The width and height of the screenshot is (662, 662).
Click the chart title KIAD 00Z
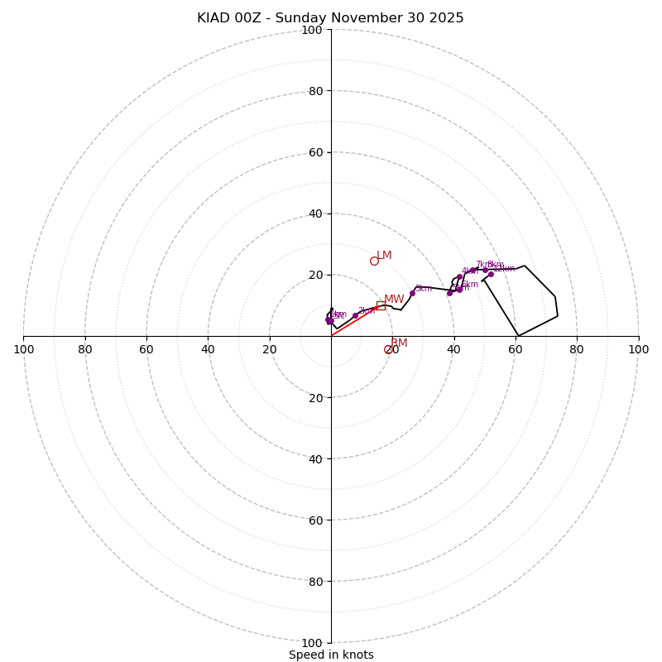[x=330, y=18]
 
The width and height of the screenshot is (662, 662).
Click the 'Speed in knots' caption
[x=331, y=655]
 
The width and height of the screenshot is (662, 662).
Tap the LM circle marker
[x=374, y=261]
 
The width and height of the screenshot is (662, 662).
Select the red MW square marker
[x=381, y=305]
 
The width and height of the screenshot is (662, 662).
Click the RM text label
[x=399, y=343]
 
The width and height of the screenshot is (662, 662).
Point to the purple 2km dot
[x=355, y=315]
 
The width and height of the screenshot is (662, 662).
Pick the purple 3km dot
[x=412, y=293]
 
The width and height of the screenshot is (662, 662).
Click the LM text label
[x=384, y=256]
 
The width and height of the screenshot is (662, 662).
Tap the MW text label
[x=394, y=300]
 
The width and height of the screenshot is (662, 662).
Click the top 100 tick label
[x=311, y=30]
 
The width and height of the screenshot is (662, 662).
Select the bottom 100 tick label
[x=311, y=643]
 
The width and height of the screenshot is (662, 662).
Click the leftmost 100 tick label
[x=23, y=349]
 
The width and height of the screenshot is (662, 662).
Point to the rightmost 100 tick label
[x=638, y=349]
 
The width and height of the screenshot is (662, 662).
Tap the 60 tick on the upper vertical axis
[x=314, y=152]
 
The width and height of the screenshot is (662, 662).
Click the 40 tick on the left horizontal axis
[x=208, y=349]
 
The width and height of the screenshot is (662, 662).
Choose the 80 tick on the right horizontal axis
[x=577, y=349]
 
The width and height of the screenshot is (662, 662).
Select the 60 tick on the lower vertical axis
[x=314, y=520]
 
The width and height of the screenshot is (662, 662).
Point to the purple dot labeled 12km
[x=491, y=274]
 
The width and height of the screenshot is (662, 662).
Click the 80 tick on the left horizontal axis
[x=85, y=349]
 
